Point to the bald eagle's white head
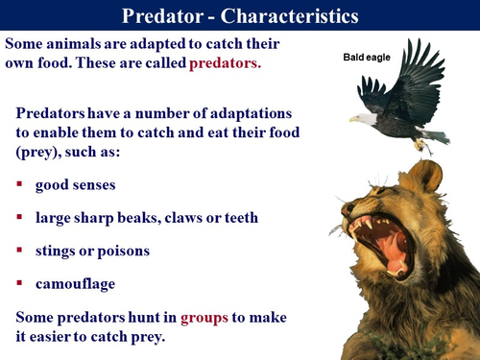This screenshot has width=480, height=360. (x=362, y=118)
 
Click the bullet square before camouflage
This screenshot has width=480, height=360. (x=19, y=284)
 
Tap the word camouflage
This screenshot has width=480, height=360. (x=76, y=283)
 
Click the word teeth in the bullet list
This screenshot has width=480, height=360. (x=239, y=218)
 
